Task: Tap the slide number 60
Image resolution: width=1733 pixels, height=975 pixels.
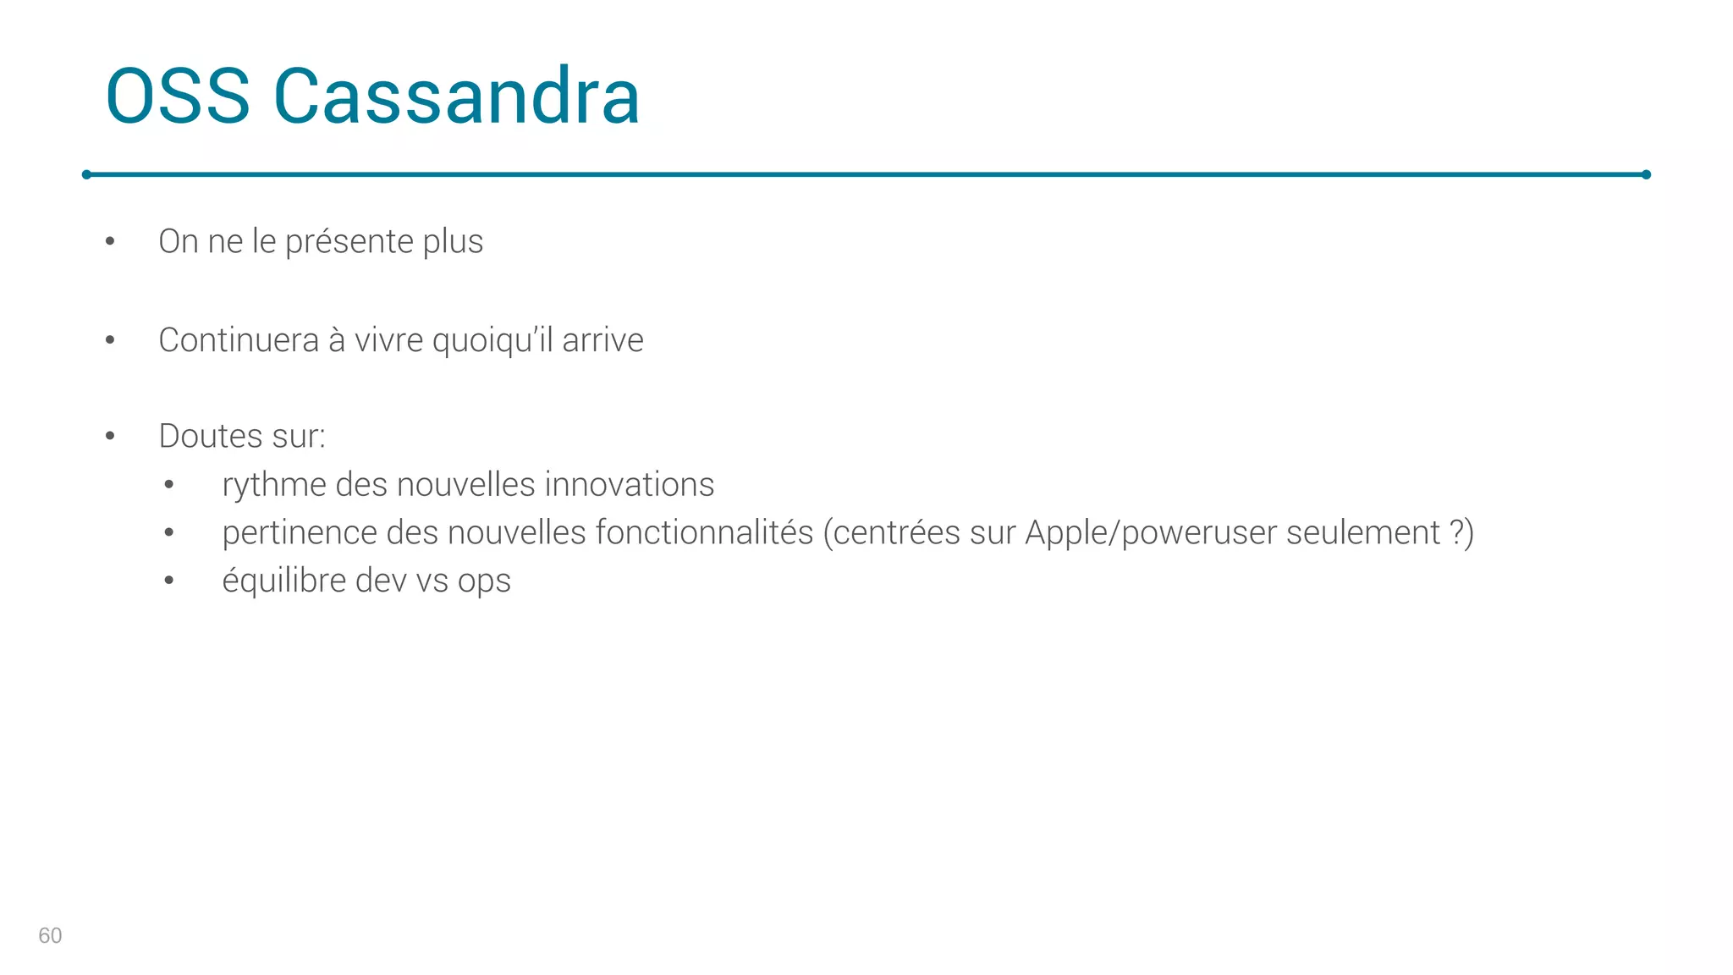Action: coord(50,935)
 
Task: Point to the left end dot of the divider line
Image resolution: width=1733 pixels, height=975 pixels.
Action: coord(86,174)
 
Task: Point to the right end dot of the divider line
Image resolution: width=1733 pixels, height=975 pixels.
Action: coord(1646,174)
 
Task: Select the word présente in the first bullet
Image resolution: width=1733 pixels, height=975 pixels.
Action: coord(349,242)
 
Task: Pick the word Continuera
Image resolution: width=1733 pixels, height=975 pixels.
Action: coord(239,340)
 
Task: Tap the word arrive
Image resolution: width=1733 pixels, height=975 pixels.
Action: coord(602,340)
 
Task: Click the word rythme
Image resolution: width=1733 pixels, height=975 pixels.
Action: coord(274,485)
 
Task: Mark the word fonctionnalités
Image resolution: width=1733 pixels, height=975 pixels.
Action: coord(704,533)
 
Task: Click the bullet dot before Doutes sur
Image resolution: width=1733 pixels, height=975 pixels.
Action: coord(110,437)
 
